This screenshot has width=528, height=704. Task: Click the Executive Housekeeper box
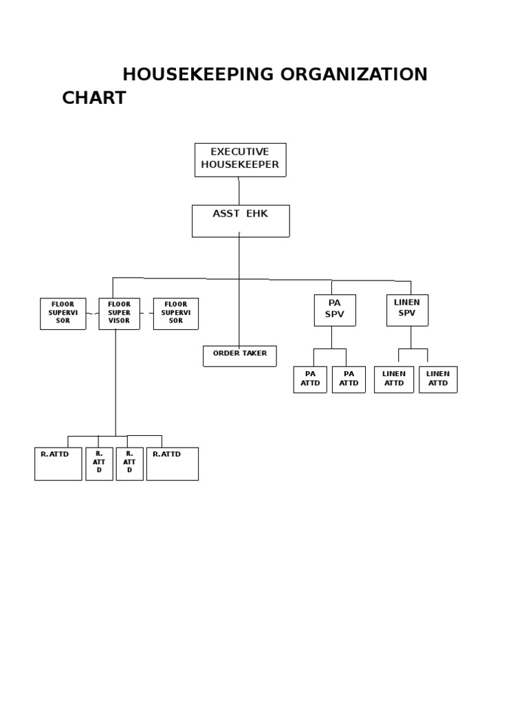[240, 159]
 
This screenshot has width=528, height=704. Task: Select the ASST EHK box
[240, 221]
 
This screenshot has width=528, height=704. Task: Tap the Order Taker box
[239, 355]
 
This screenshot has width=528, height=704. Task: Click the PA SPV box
[334, 309]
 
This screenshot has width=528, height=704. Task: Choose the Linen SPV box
[406, 309]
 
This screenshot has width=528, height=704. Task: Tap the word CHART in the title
[94, 98]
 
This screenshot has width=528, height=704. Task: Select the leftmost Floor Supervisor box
[63, 313]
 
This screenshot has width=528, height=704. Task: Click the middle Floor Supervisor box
[119, 313]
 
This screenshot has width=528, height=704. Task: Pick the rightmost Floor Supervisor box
[175, 313]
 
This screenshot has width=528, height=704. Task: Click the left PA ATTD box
[310, 379]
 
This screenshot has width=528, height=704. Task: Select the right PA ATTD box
[349, 379]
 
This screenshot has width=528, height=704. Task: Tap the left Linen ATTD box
[394, 379]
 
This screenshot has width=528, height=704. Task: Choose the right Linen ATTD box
[438, 379]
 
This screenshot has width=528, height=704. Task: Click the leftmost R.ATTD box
[58, 463]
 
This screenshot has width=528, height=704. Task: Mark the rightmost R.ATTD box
[172, 463]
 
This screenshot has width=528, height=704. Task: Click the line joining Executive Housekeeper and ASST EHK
[239, 190]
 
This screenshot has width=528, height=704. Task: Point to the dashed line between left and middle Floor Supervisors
[92, 313]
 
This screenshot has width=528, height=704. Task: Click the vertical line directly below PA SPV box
[331, 337]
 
